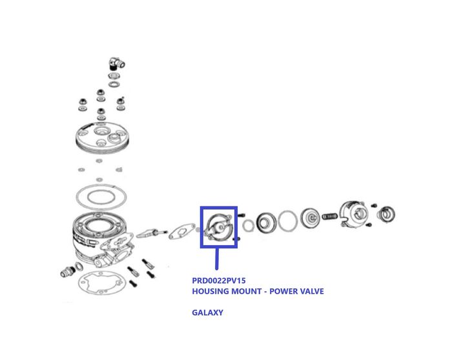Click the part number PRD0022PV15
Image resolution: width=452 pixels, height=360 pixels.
click(219, 281)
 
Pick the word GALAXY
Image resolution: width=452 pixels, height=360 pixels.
click(207, 312)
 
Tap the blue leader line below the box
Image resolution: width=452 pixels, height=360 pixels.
click(217, 259)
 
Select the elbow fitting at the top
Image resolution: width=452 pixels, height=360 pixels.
click(116, 63)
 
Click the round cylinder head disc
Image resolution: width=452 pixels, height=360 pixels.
click(102, 137)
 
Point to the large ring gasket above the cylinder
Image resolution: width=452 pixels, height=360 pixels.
click(101, 197)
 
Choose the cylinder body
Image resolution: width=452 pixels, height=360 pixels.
click(102, 237)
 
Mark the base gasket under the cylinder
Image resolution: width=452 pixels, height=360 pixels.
click(102, 283)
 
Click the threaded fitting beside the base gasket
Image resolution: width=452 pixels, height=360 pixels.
click(68, 272)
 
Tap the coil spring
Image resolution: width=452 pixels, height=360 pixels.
click(329, 216)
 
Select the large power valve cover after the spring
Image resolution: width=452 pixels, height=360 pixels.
click(354, 214)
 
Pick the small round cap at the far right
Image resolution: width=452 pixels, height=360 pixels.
click(387, 215)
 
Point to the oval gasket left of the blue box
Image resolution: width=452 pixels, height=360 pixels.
click(181, 231)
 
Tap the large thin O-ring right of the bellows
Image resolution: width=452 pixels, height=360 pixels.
click(288, 221)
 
